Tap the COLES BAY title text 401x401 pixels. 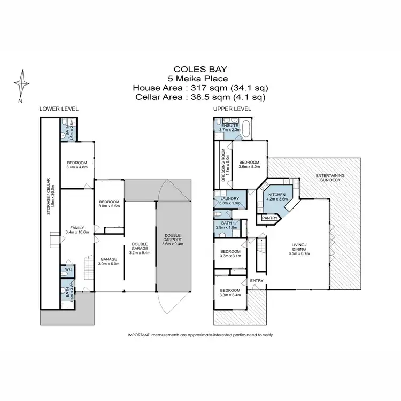pyautogui.click(x=200, y=69)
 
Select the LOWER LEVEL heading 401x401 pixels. pyautogui.click(x=59, y=109)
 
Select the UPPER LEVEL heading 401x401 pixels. pyautogui.click(x=232, y=109)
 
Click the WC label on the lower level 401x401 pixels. pyautogui.click(x=68, y=269)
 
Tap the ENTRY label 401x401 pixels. pyautogui.click(x=256, y=281)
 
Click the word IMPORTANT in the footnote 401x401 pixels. pyautogui.click(x=139, y=334)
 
